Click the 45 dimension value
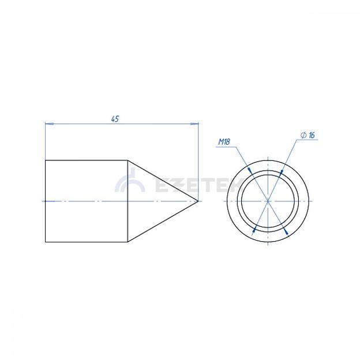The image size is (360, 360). point(115,119)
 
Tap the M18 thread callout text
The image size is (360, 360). point(224,142)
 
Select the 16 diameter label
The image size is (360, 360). point(312,135)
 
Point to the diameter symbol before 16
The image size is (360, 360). point(303,135)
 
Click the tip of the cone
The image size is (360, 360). point(198,201)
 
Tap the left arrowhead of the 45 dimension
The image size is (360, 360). point(50,123)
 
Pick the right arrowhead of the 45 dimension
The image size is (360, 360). point(194,123)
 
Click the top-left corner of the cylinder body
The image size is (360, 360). point(46,160)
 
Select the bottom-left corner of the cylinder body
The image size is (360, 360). point(46,242)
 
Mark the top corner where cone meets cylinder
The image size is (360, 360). point(127,160)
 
